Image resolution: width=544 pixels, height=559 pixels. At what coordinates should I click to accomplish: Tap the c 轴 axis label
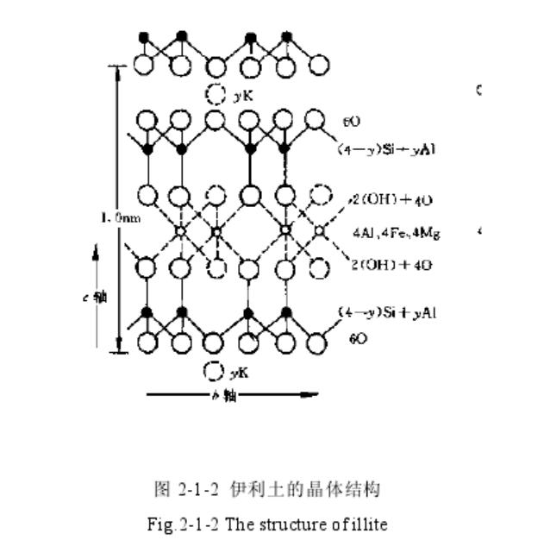tap(100, 297)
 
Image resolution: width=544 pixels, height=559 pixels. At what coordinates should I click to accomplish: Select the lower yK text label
tap(239, 373)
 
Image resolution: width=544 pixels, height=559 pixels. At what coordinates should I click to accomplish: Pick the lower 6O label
tap(357, 340)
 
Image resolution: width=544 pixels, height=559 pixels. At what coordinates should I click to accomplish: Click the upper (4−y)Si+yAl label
tap(382, 148)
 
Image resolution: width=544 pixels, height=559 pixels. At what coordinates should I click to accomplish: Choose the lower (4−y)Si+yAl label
tap(386, 312)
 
